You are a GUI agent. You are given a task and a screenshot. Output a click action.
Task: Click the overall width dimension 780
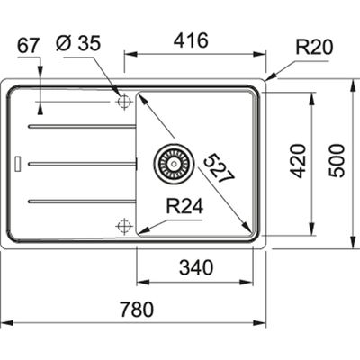(135, 309)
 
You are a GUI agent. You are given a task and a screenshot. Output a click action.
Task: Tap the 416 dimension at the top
(192, 40)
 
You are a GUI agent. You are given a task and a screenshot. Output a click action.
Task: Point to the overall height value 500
(337, 159)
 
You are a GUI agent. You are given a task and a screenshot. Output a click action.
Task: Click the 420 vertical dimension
(300, 159)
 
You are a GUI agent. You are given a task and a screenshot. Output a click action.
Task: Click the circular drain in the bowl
(170, 163)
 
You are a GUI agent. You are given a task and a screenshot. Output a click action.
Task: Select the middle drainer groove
(81, 163)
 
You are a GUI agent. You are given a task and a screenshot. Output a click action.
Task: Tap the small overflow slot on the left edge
(19, 164)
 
